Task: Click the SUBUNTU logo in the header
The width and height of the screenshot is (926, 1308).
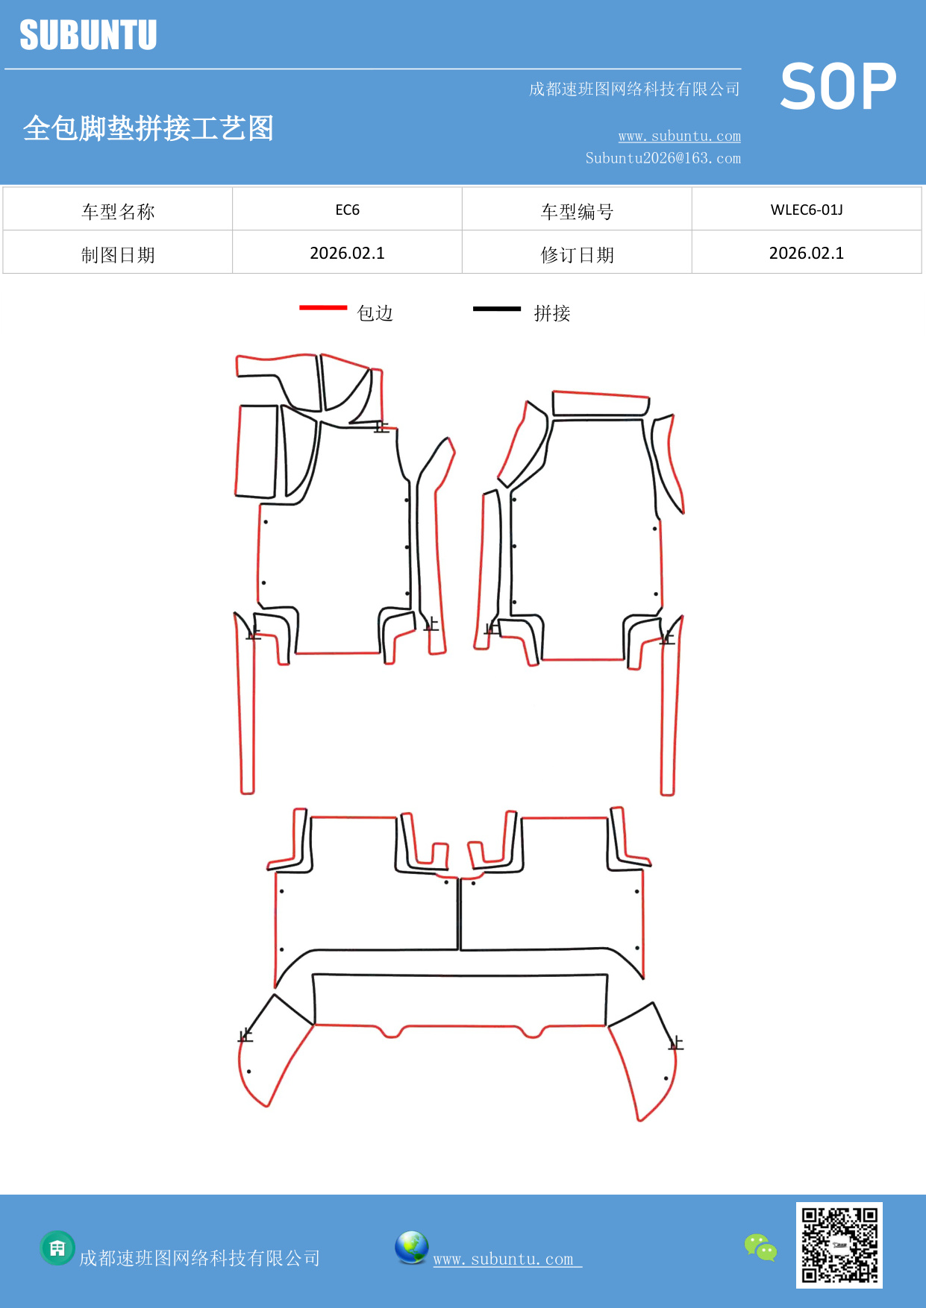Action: pyautogui.click(x=88, y=35)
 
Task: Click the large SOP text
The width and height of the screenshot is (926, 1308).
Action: pyautogui.click(x=838, y=87)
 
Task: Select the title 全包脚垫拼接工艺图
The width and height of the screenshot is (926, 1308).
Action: pyautogui.click(x=148, y=128)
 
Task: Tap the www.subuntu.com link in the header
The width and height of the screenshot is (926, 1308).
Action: pyautogui.click(x=679, y=136)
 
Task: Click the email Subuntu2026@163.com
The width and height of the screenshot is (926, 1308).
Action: pyautogui.click(x=663, y=158)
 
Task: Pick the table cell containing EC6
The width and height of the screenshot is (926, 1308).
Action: pyautogui.click(x=347, y=210)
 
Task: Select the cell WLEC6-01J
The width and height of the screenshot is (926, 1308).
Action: pyautogui.click(x=806, y=210)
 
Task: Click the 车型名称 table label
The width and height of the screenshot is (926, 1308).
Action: pyautogui.click(x=118, y=212)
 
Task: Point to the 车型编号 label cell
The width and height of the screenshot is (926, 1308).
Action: pyautogui.click(x=577, y=212)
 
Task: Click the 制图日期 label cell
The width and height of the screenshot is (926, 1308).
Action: pyautogui.click(x=118, y=255)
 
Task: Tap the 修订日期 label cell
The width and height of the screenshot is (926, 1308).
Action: pyautogui.click(x=577, y=255)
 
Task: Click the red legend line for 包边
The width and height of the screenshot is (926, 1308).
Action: pyautogui.click(x=323, y=307)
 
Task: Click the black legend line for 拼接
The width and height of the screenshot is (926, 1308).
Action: pyautogui.click(x=496, y=308)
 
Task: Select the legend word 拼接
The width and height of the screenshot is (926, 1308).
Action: pyautogui.click(x=552, y=313)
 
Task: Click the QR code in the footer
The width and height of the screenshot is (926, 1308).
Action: pyautogui.click(x=839, y=1245)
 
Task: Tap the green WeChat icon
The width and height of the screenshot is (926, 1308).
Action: pyautogui.click(x=760, y=1247)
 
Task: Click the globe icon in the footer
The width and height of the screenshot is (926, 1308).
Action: pyautogui.click(x=411, y=1248)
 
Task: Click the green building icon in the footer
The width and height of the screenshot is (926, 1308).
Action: pyautogui.click(x=57, y=1248)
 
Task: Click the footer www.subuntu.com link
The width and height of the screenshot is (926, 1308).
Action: pyautogui.click(x=504, y=1259)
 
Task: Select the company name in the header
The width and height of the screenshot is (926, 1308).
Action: pyautogui.click(x=634, y=89)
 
